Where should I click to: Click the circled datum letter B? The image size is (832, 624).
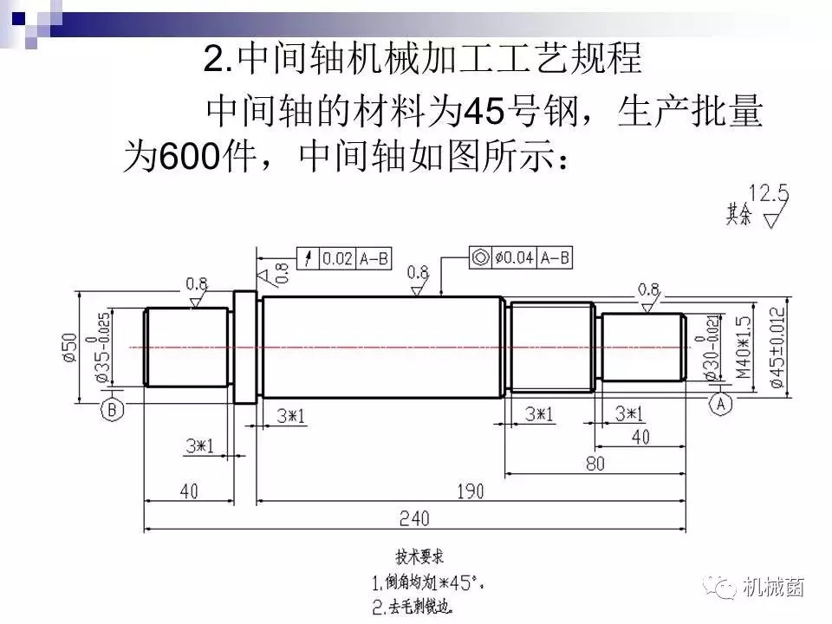point(111,410)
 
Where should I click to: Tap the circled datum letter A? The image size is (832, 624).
point(721,403)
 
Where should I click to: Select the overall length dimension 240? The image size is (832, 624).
point(414,517)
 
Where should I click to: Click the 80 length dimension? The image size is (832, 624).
point(595,464)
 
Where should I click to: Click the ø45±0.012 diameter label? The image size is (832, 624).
point(777,347)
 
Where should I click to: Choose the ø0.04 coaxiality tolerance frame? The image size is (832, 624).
point(520,257)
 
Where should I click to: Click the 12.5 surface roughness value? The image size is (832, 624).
point(769,192)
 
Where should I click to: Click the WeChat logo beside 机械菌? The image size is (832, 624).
point(724,588)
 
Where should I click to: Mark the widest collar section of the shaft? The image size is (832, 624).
point(245,348)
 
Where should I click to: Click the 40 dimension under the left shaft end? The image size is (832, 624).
point(188,491)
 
